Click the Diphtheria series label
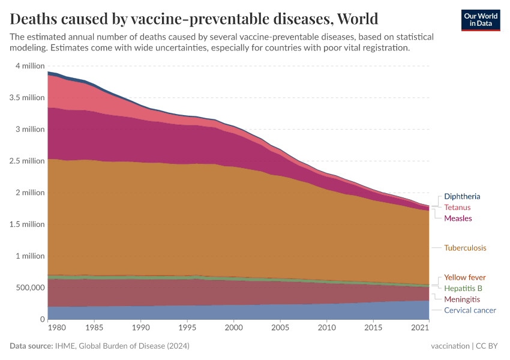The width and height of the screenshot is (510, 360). coord(462,196)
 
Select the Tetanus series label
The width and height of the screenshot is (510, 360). coord(457,207)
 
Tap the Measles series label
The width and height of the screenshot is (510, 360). coord(458,218)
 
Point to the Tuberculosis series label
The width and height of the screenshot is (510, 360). coord(465,247)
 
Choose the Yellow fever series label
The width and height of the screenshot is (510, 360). coord(464,277)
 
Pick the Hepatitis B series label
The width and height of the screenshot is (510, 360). coord(463,288)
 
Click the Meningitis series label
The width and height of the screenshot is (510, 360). coord(461,299)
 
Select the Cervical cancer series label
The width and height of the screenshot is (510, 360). coord(470,310)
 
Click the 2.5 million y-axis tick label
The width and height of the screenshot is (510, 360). coord(28,161)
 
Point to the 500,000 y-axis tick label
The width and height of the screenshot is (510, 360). coord(29,287)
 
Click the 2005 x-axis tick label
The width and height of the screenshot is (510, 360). coord(280,328)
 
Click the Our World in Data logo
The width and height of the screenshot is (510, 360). coord(481,20)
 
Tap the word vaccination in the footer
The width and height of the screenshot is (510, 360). coord(450,346)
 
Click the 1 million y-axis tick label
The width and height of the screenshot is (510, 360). coord(30,256)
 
